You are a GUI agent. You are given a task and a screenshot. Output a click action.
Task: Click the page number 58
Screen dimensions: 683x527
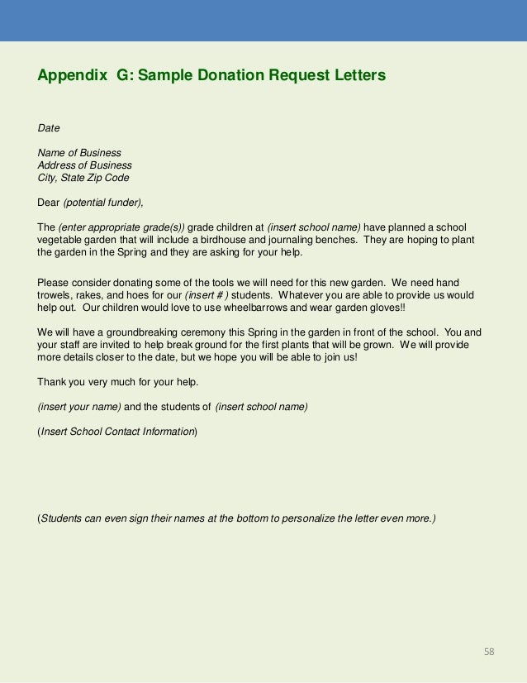pos(489,652)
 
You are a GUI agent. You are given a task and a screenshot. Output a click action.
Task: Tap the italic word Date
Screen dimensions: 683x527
pos(49,128)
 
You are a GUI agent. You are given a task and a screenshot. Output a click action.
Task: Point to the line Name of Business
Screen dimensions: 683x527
pos(79,153)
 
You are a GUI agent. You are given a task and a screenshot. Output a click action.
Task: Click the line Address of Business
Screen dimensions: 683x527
pos(84,165)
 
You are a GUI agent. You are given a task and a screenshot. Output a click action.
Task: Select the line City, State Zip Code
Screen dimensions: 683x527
pos(83,178)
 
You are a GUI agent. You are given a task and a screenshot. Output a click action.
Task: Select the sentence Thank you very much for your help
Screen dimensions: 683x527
pos(118,382)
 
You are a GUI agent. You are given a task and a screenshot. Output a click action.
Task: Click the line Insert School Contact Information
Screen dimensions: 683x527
pos(118,432)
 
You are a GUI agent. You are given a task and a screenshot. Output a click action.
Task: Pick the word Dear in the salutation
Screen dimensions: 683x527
pos(49,203)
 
